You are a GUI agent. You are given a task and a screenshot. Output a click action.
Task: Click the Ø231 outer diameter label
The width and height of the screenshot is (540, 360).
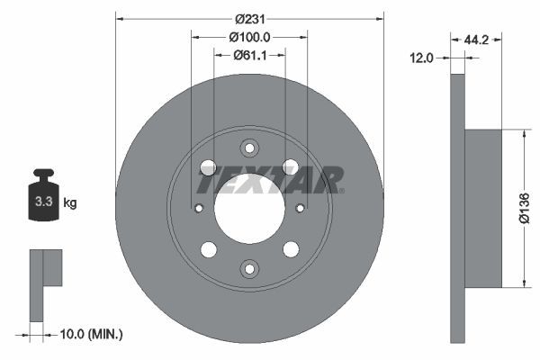(x=250, y=19)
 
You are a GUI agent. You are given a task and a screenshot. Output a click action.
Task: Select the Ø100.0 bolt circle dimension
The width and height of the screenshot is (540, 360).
(x=249, y=37)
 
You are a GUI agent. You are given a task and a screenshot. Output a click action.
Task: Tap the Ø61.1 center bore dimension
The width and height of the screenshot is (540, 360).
(x=250, y=55)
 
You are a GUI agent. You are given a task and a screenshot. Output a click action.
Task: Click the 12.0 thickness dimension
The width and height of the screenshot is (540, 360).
(x=421, y=58)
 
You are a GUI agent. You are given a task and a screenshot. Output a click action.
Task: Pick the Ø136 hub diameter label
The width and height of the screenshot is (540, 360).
(x=524, y=209)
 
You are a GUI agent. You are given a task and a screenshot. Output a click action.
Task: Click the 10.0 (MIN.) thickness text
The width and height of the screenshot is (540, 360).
(x=91, y=334)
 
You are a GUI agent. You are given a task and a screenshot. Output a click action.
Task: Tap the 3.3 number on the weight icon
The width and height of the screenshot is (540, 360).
(x=44, y=202)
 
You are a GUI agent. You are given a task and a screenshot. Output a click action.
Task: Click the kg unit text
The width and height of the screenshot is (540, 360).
(x=70, y=202)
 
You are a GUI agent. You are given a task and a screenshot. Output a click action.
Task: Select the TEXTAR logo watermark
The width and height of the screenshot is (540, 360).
(x=270, y=180)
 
